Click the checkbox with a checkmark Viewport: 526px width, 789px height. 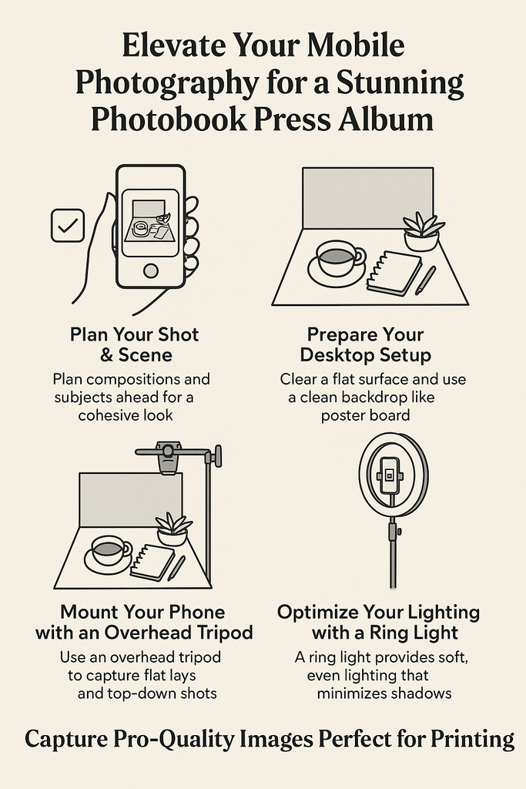coord(67,226)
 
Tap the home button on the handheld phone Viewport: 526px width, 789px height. coord(151,270)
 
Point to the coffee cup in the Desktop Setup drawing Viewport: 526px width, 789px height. coord(338,259)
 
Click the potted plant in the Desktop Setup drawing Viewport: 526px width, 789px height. coord(422,232)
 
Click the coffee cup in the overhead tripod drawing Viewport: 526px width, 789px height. coord(109,551)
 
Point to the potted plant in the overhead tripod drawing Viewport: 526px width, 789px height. coord(173,530)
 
